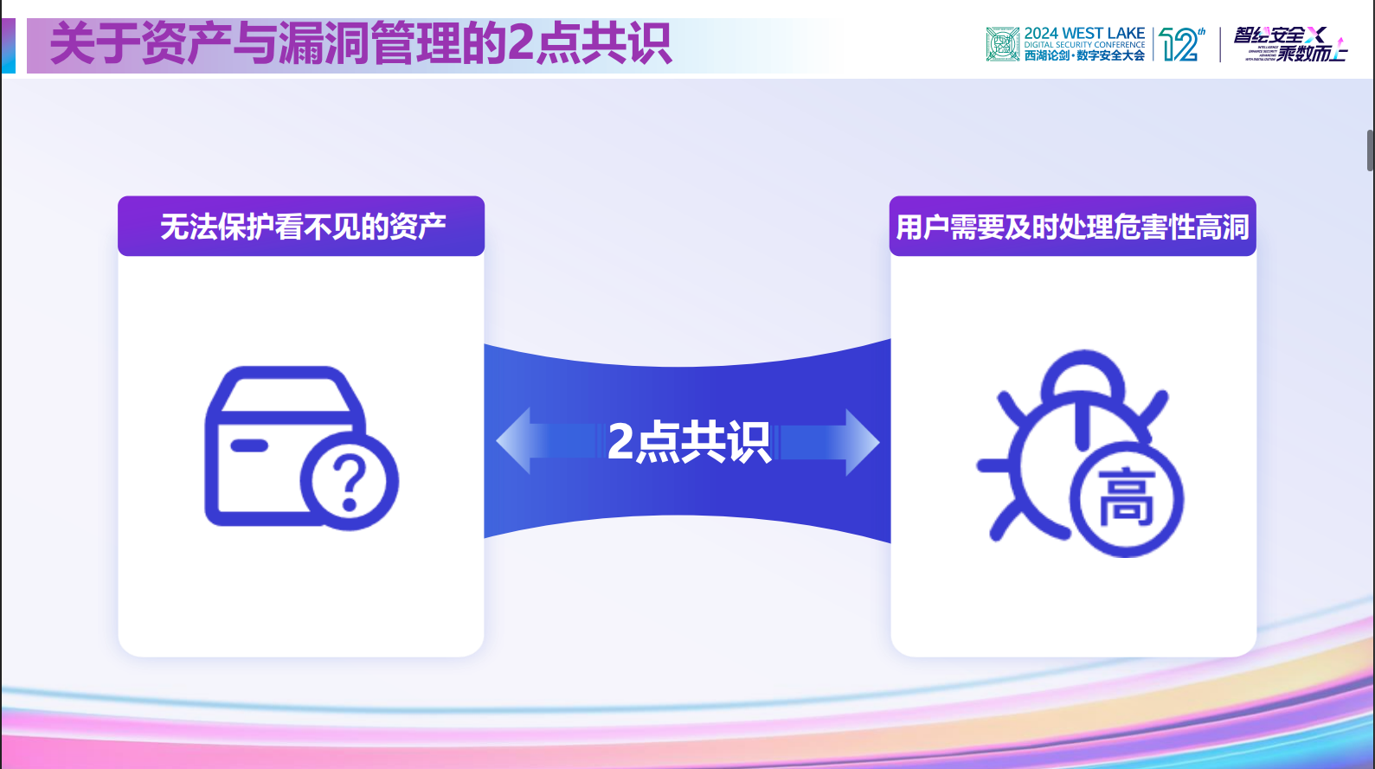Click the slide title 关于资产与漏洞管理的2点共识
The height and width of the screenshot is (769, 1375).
point(360,44)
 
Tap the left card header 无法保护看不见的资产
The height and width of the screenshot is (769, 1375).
point(302,227)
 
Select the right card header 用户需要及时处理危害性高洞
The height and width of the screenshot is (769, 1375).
point(1072,227)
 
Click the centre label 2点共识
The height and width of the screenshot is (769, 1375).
point(688,442)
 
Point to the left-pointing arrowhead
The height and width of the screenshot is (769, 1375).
point(514,441)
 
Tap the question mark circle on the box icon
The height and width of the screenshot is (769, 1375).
point(350,481)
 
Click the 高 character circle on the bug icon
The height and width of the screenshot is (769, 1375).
point(1127,500)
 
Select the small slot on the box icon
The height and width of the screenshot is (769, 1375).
point(249,445)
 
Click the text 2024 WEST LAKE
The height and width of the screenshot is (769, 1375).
point(1084,33)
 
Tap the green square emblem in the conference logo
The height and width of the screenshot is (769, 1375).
point(1002,44)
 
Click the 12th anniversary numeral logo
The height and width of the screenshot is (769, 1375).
point(1181,44)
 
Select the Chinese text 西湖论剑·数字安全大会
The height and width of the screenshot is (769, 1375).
point(1084,55)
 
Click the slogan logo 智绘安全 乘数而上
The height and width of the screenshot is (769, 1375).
point(1289,44)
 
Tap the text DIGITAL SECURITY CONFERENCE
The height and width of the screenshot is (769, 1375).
point(1084,45)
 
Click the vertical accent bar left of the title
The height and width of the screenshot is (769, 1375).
point(8,45)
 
